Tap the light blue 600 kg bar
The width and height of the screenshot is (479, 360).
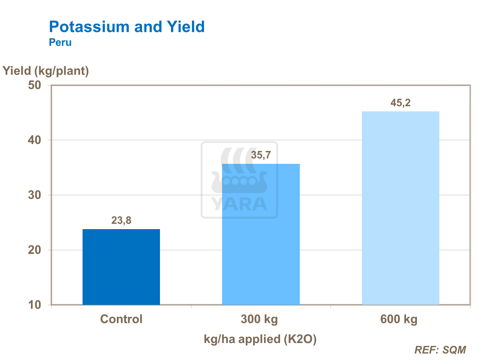click(400, 208)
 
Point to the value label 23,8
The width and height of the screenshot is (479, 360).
click(121, 220)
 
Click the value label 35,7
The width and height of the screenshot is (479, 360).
click(261, 155)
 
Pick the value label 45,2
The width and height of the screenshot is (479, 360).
click(400, 103)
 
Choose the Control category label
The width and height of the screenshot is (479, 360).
click(121, 319)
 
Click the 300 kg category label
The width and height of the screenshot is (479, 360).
click(259, 319)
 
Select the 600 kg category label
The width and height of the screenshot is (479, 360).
click(399, 319)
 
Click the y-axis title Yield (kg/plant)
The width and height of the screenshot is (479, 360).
click(46, 71)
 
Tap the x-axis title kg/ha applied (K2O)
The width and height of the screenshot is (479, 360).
click(260, 339)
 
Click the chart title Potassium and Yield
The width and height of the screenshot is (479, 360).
click(127, 27)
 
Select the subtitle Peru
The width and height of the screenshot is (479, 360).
click(60, 42)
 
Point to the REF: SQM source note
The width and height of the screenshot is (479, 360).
click(440, 350)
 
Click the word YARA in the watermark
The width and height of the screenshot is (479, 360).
click(239, 204)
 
